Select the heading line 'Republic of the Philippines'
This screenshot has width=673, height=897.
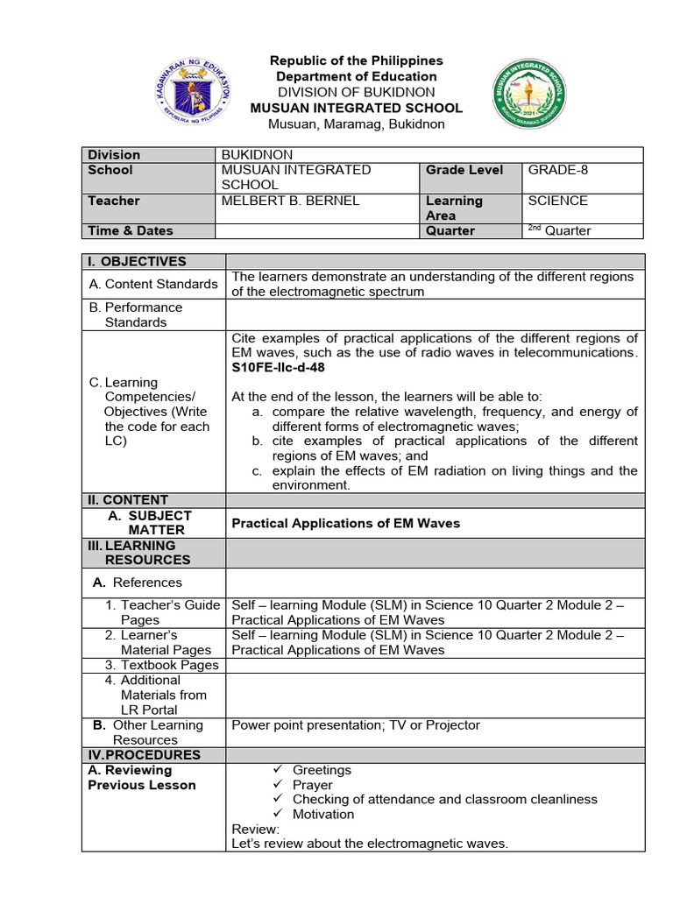click(357, 60)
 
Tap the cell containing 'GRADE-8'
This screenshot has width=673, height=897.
click(558, 170)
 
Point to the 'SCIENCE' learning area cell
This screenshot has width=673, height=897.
click(557, 201)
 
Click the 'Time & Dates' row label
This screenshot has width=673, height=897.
click(130, 231)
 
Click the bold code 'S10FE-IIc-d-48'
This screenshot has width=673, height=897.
click(278, 368)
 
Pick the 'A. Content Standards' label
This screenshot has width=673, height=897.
click(153, 284)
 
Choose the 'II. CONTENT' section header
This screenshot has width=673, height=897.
click(128, 500)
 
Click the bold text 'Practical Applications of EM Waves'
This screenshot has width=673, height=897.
click(345, 523)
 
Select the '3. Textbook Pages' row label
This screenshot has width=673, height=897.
click(161, 665)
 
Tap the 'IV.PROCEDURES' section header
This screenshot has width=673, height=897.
click(144, 755)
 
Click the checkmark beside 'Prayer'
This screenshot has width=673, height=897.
click(278, 785)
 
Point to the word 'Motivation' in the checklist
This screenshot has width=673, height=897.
click(323, 815)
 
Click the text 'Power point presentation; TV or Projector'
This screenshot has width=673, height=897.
click(356, 725)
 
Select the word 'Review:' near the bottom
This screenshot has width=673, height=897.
click(255, 829)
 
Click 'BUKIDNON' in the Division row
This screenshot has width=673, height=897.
click(257, 155)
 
